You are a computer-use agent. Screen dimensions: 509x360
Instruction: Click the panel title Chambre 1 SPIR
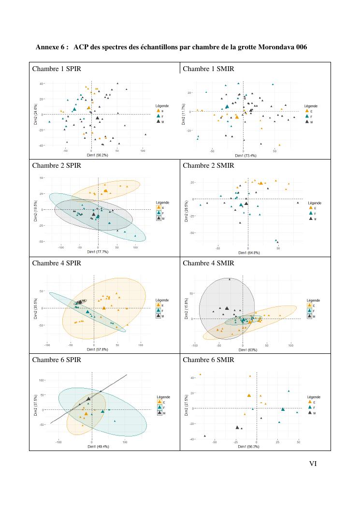coord(57,69)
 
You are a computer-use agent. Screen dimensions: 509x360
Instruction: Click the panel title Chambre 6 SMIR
coord(208,360)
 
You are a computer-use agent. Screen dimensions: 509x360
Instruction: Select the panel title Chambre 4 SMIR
coord(208,263)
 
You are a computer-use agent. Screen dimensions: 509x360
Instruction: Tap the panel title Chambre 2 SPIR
coord(57,165)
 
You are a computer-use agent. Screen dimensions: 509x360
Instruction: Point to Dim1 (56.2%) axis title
coord(97,155)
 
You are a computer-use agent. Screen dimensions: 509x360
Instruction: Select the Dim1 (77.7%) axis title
coord(98,252)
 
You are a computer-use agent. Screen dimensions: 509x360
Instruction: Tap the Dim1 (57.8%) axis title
coord(98,349)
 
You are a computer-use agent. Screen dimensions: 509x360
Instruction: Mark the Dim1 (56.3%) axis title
coord(248,447)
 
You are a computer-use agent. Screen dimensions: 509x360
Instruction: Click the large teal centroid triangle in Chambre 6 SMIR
coord(283,409)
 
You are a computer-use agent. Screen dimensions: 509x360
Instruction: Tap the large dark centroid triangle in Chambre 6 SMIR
coord(237,427)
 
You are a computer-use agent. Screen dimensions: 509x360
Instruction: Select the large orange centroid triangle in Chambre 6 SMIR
coord(249,395)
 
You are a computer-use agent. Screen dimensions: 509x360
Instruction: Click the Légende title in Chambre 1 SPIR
coord(162,105)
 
